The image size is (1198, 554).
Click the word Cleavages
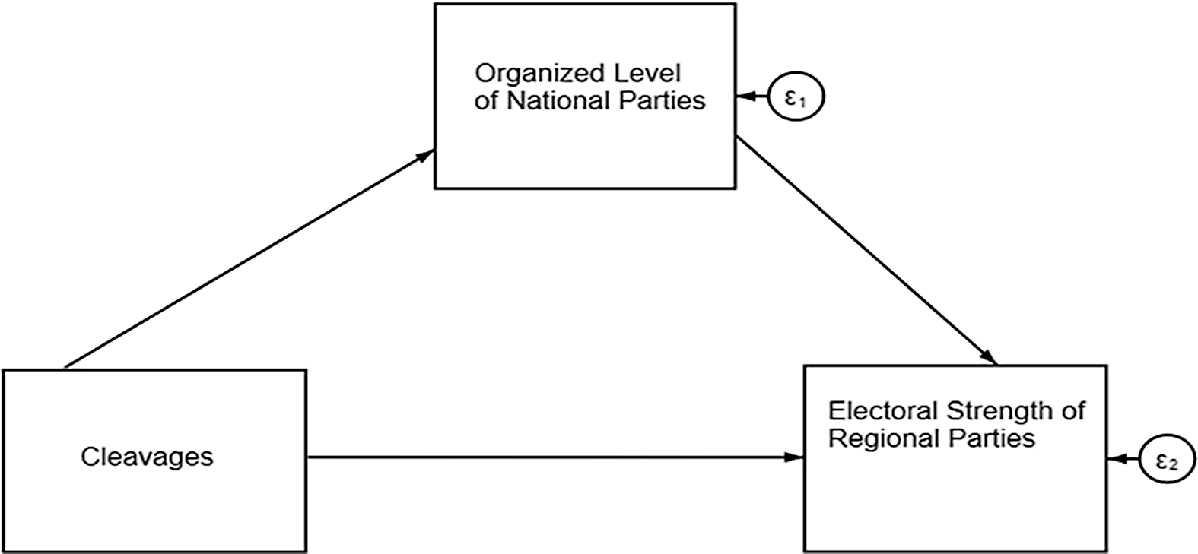147,457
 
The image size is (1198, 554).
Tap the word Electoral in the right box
883,412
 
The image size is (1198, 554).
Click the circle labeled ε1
794,98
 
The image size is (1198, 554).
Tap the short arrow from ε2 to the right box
1123,459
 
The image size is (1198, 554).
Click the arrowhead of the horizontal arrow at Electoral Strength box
796,457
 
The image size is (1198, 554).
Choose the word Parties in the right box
1002,438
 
